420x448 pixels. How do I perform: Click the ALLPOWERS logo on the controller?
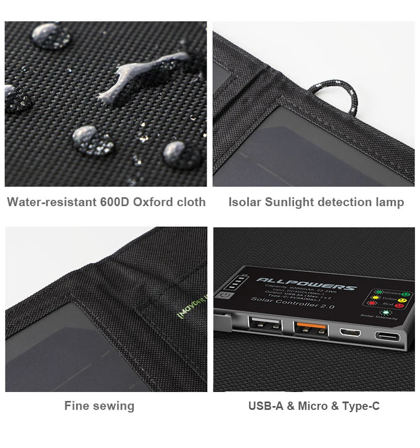coord(306,282)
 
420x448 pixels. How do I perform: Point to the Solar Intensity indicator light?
coord(385,312)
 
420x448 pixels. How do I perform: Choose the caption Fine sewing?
coord(99,406)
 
